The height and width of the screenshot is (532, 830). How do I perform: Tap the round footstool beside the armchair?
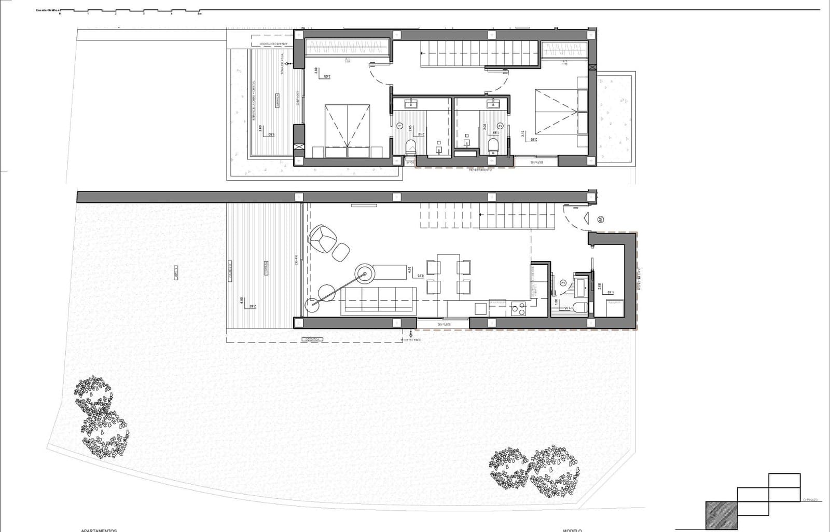(x=341, y=252)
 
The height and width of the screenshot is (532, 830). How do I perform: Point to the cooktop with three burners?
(x=518, y=309)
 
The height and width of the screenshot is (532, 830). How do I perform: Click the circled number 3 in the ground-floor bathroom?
(x=563, y=283)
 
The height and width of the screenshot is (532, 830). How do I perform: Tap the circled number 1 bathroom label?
(x=399, y=126)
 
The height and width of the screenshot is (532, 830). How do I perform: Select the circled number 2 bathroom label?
(x=500, y=126)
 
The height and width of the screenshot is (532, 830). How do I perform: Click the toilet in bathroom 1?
(x=411, y=146)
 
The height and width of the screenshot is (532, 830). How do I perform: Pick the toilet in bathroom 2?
(x=493, y=145)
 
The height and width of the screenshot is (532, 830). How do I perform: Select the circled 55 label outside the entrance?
(x=601, y=220)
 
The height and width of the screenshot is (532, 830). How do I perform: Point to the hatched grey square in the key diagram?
(x=721, y=515)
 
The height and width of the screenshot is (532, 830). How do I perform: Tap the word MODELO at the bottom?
(x=572, y=530)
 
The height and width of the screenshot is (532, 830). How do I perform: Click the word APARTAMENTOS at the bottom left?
(x=99, y=530)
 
